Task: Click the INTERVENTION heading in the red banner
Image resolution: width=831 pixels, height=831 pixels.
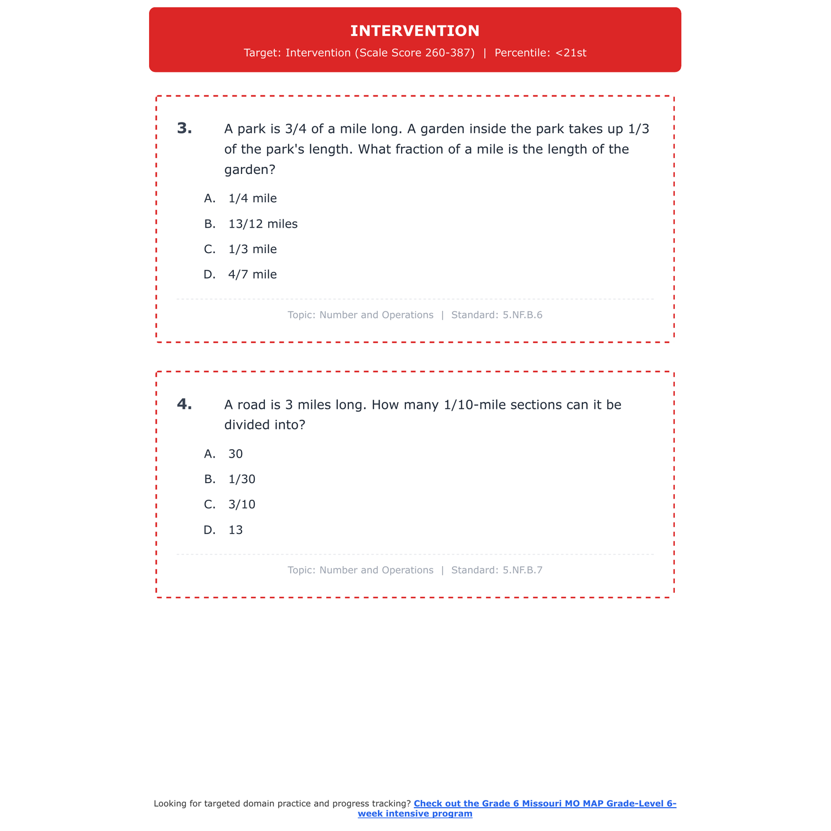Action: point(415,31)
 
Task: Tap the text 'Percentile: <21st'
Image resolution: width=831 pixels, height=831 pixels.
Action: point(540,53)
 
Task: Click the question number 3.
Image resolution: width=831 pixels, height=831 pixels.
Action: point(184,129)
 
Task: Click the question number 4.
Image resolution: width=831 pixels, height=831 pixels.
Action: point(184,404)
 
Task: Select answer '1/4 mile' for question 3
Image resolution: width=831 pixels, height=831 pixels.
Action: point(252,198)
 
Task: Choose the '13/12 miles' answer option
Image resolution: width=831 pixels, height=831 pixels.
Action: point(263,224)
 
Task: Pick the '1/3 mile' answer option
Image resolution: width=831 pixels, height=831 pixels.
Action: point(252,249)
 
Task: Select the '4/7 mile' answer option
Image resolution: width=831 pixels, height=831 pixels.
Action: point(252,275)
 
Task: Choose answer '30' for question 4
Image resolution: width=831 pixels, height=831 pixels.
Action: point(235,454)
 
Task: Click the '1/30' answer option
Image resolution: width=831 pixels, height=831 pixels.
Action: point(242,479)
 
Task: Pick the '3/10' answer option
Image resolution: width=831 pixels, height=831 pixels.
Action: point(242,505)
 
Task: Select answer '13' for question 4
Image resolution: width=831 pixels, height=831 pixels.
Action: point(235,530)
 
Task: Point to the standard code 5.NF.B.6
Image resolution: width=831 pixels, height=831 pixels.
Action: point(522,315)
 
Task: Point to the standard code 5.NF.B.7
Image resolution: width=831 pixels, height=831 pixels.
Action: point(522,570)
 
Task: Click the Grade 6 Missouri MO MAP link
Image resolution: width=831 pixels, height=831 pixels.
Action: point(545,804)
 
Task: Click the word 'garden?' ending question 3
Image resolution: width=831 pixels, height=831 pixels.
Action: point(250,170)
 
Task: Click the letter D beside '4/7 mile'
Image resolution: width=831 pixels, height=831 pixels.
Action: point(209,275)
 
